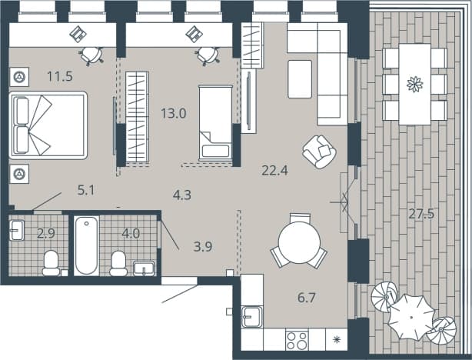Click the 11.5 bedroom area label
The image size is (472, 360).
[60, 76]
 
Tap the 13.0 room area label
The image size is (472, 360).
[174, 114]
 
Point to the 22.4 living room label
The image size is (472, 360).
[275, 171]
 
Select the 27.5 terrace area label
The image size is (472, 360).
[421, 214]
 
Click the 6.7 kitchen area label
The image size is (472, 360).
[307, 298]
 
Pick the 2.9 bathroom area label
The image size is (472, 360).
[46, 234]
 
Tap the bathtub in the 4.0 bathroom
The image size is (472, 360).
[87, 245]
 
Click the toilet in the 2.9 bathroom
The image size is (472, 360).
[51, 263]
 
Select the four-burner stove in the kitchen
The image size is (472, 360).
[297, 340]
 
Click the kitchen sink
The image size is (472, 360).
[252, 316]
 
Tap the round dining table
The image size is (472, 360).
[299, 243]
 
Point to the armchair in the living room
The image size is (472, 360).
[319, 152]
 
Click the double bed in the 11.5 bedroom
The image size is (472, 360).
[48, 125]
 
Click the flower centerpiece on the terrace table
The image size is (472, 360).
[415, 84]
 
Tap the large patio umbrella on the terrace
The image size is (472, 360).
[411, 317]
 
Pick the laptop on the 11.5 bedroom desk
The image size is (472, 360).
[78, 34]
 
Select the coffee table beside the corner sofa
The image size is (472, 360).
[300, 79]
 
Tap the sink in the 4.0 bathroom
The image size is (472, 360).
[144, 268]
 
